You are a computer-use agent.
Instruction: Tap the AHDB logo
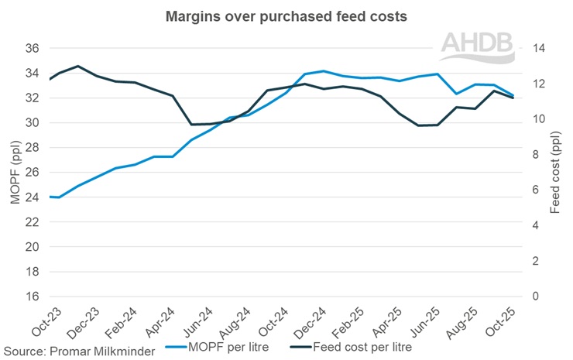477,48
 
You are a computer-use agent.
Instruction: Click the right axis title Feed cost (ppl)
554,172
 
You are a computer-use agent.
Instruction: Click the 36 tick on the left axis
32,48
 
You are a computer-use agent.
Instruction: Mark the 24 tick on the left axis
32,197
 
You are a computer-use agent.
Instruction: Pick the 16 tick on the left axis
32,297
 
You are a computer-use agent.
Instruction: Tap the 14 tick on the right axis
534,48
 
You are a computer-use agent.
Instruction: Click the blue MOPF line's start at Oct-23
50,197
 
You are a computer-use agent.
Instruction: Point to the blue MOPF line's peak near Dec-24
323,71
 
